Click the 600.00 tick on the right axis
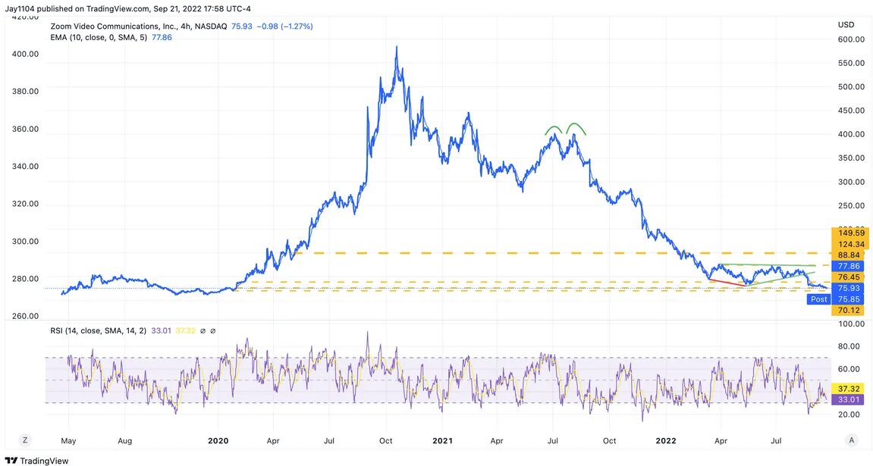point(851,39)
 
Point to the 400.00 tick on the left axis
point(25,54)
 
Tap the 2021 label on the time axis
point(441,439)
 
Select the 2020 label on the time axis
point(218,439)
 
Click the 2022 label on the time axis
point(665,439)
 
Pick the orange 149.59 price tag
point(851,233)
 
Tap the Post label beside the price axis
point(819,299)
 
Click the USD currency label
point(846,25)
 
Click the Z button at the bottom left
point(25,439)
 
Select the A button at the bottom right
point(852,439)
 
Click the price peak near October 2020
point(396,47)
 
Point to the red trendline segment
point(726,283)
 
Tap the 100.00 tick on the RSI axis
point(851,324)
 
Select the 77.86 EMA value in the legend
point(162,36)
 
